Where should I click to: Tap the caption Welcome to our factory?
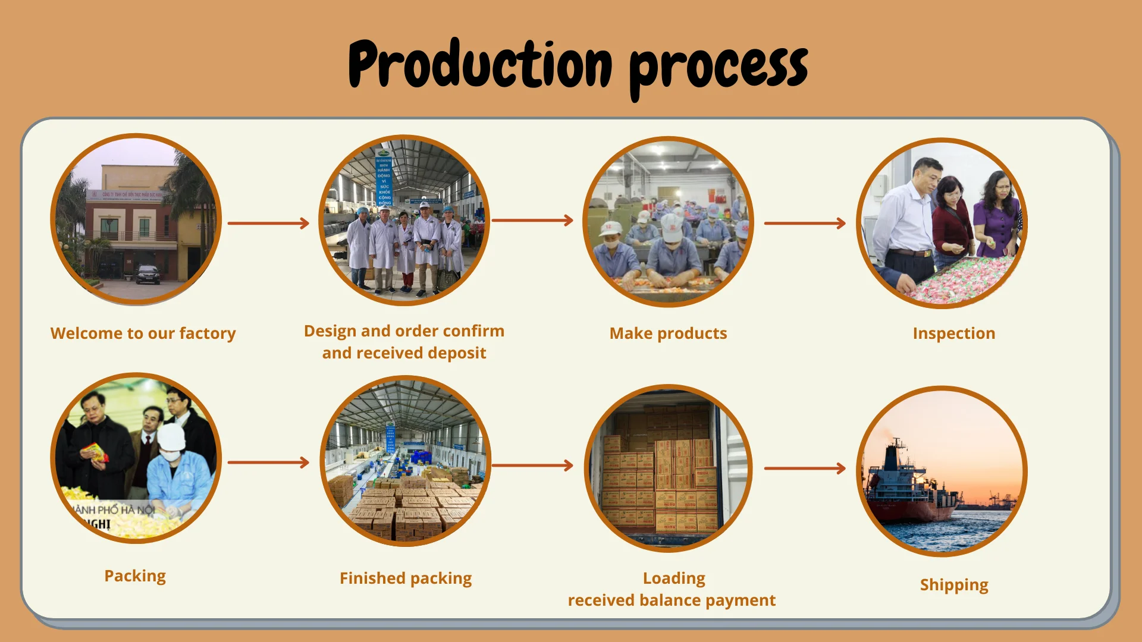[143, 333]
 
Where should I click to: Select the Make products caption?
[668, 333]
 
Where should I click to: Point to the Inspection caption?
[953, 333]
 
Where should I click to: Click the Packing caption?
[135, 576]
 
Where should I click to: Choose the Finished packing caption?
[406, 578]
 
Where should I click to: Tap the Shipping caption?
[953, 585]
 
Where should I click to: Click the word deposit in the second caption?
[457, 353]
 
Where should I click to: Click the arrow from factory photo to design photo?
[268, 224]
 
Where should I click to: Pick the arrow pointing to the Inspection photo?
[804, 224]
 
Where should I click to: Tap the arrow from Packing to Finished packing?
[268, 462]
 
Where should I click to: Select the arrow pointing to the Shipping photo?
[804, 468]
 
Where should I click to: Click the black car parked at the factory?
[148, 275]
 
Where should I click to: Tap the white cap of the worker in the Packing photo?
[171, 437]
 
